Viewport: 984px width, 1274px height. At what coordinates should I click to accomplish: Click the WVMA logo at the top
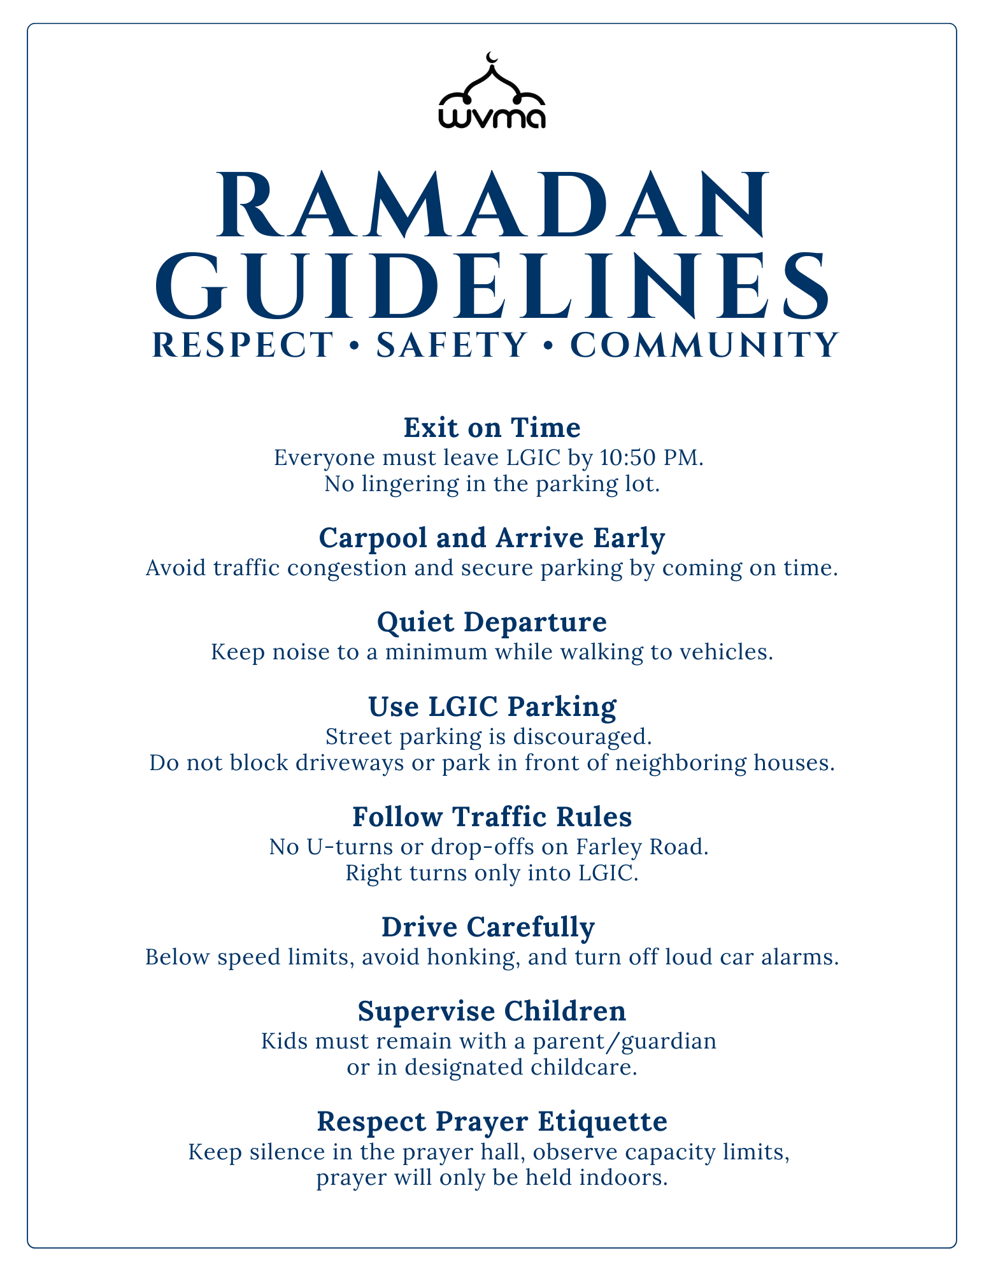click(x=492, y=93)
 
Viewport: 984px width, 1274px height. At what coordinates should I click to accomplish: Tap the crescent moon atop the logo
click(x=490, y=58)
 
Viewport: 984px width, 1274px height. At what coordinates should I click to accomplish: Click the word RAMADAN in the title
click(x=492, y=205)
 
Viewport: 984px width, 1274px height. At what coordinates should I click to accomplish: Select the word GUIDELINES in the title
click(x=492, y=287)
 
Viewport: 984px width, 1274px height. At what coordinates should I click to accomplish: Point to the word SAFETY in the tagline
click(x=452, y=345)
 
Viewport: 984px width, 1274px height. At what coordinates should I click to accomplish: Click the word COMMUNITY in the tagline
click(x=704, y=345)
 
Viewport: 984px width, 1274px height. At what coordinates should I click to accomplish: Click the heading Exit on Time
click(x=492, y=428)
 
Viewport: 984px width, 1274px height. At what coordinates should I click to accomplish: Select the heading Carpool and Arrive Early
click(x=492, y=538)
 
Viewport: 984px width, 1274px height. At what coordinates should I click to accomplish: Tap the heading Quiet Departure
click(x=492, y=622)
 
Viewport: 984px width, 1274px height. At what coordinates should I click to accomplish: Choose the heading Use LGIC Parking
click(x=492, y=707)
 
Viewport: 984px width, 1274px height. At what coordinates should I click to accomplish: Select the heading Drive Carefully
click(x=488, y=927)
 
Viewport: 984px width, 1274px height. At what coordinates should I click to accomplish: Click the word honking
click(x=478, y=957)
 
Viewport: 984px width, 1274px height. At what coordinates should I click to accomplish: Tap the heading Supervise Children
click(x=492, y=1011)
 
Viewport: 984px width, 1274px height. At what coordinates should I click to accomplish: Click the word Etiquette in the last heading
click(x=603, y=1122)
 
